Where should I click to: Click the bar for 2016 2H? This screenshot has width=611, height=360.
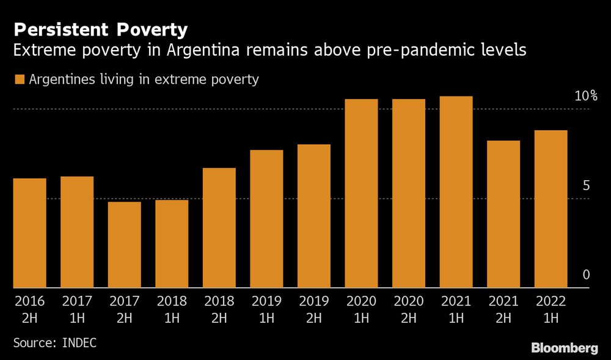[29, 233]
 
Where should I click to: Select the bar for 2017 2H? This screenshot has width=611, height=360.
[124, 244]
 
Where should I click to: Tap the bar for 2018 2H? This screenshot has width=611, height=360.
[219, 227]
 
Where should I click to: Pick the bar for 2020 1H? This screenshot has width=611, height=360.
[361, 193]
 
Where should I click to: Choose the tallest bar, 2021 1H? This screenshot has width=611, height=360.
[456, 192]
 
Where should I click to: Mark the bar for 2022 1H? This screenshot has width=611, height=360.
[551, 209]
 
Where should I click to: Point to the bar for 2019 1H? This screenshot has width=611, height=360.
[266, 219]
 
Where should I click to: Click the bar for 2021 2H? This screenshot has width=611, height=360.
[503, 214]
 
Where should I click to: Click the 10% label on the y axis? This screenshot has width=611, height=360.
[585, 97]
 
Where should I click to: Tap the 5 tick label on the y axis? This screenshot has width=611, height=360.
[586, 186]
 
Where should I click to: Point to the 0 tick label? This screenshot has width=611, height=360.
[586, 276]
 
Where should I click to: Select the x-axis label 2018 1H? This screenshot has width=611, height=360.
[172, 310]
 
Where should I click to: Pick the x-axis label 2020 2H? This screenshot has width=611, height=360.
[409, 310]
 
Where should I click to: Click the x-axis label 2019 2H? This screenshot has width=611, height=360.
[314, 310]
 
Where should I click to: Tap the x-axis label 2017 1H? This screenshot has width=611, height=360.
[77, 310]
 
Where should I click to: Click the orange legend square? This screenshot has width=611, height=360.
[19, 79]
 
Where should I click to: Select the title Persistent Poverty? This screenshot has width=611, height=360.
[100, 29]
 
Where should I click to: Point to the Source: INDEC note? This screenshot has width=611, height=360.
[54, 342]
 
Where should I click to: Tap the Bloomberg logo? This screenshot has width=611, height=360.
[564, 348]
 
